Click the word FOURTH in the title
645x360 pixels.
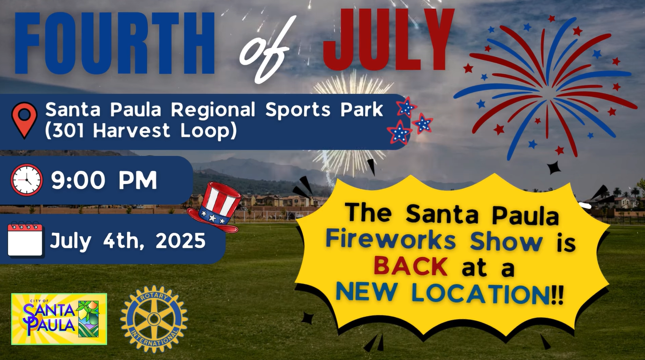[115, 43]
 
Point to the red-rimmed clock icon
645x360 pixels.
[27, 180]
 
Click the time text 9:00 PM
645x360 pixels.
[104, 180]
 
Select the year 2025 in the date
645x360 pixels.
[181, 241]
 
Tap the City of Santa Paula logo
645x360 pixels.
[59, 319]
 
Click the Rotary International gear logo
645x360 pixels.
[154, 319]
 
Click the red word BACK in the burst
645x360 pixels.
[411, 267]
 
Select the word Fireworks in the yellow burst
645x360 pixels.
[391, 241]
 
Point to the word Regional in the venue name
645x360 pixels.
[213, 110]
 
